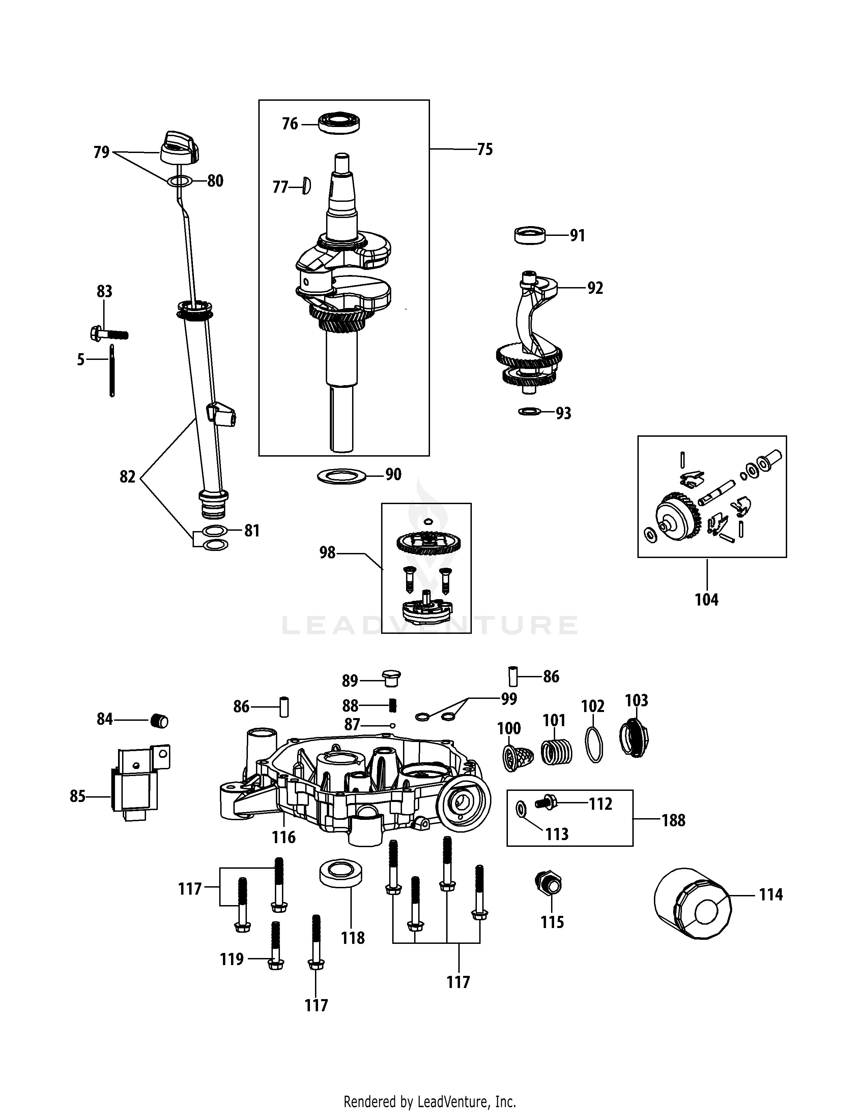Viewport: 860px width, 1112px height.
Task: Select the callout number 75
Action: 485,150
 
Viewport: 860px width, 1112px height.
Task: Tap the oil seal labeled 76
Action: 339,124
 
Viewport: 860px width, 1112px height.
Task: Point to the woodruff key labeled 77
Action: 306,186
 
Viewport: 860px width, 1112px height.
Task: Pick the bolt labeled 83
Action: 108,334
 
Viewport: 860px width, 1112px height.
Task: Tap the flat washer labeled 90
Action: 342,476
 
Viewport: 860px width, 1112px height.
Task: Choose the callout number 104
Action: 706,600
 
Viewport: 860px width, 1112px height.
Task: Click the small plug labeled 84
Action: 160,721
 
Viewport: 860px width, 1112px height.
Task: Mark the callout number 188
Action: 673,820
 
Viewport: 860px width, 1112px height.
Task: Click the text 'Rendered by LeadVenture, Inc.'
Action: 429,1101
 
